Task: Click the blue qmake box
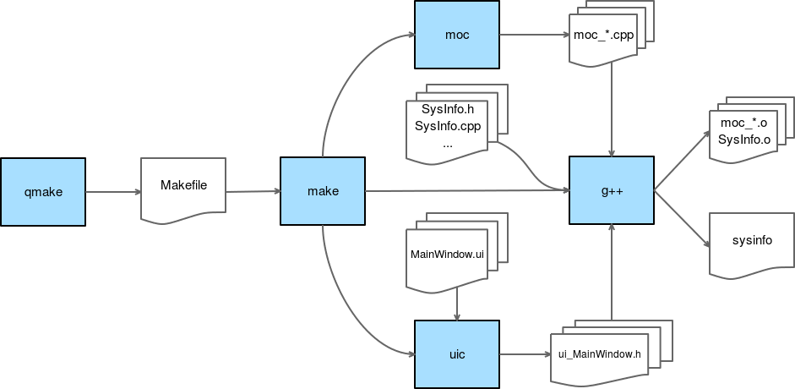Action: point(43,191)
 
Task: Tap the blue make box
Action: point(323,191)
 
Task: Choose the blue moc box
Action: point(457,36)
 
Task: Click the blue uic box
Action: point(457,354)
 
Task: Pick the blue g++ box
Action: point(612,191)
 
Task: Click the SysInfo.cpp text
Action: point(447,126)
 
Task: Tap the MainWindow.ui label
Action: point(447,254)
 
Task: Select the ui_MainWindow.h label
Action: point(601,353)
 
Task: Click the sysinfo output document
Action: point(751,242)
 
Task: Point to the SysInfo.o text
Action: point(744,139)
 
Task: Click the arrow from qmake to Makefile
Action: point(112,191)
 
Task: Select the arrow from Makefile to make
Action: point(253,191)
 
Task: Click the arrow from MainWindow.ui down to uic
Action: point(457,304)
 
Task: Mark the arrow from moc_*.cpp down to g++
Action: point(612,110)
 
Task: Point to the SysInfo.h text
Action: point(447,109)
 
